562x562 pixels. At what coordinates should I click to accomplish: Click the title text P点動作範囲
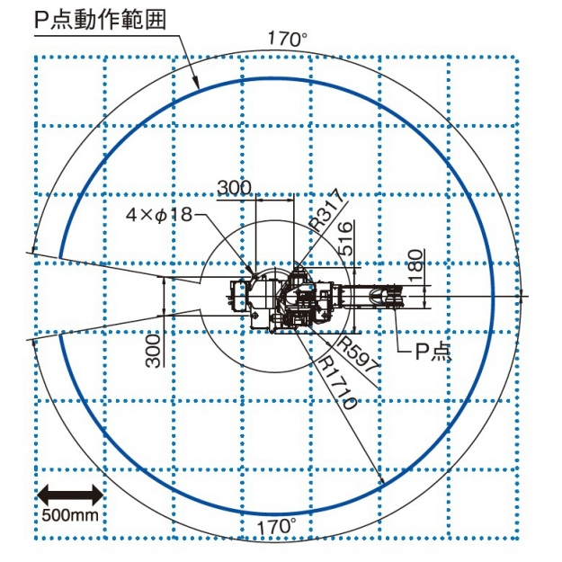[100, 20]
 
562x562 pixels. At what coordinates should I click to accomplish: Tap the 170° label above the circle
[288, 39]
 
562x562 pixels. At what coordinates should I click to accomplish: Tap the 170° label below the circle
[277, 527]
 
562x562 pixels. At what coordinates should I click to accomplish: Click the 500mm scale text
[70, 515]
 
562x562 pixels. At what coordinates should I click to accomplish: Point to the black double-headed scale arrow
[70, 495]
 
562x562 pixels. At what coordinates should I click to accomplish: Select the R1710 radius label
[337, 382]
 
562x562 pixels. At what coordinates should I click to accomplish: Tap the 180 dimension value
[415, 265]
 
